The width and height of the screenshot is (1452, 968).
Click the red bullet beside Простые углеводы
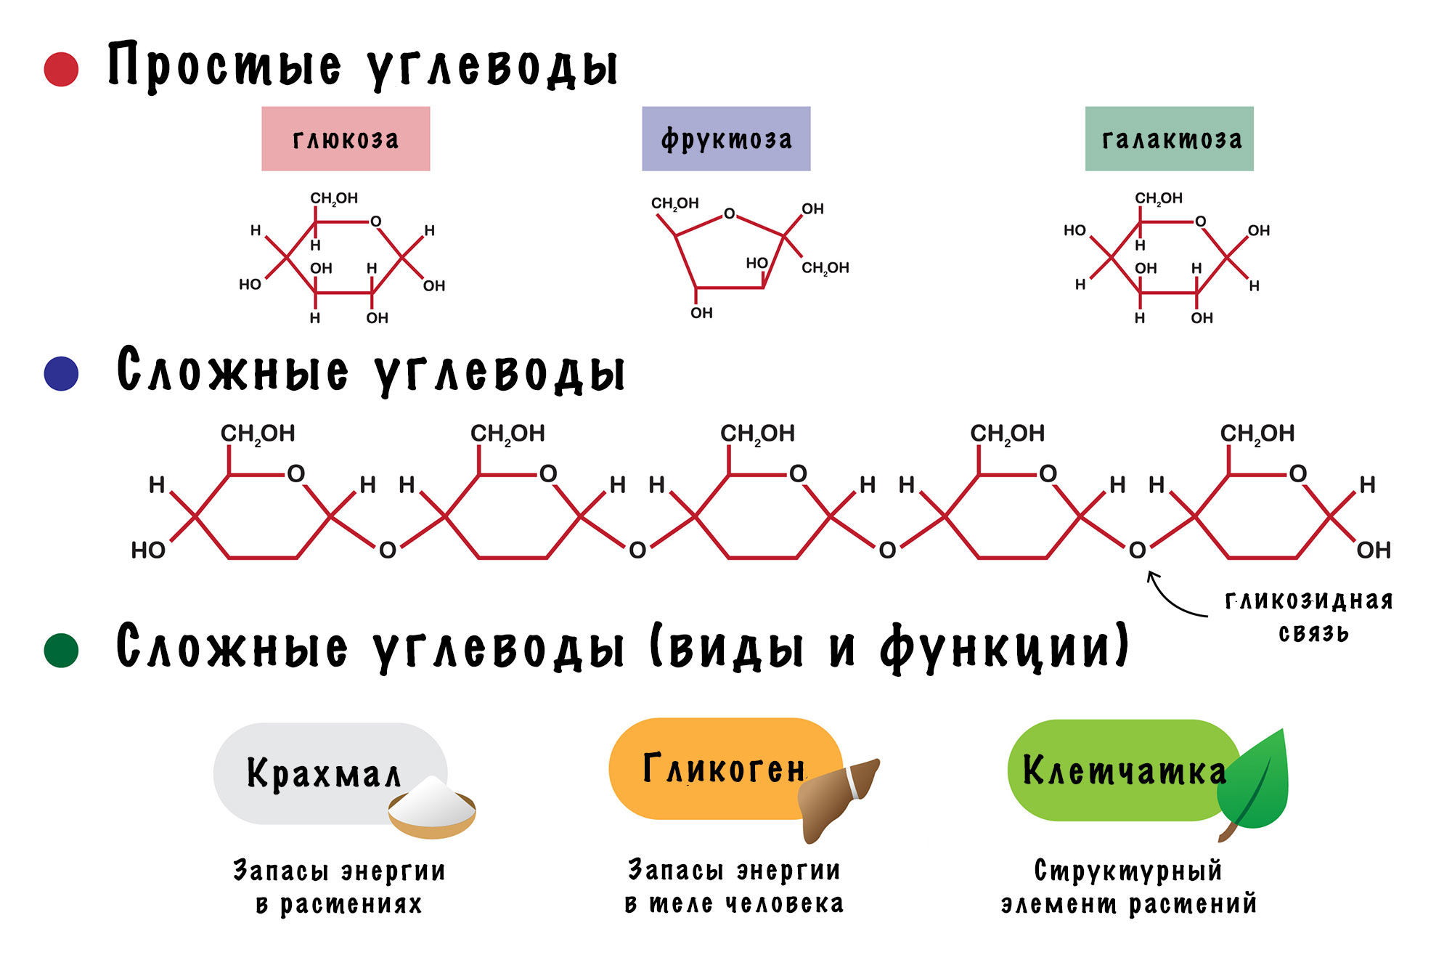61,69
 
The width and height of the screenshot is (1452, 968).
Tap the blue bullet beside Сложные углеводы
61,373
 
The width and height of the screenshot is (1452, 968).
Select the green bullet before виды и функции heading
61,650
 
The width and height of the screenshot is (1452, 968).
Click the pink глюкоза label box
346,139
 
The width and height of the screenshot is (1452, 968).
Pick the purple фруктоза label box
726,139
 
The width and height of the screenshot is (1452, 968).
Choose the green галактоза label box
1169,139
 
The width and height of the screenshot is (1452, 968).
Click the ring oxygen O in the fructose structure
729,213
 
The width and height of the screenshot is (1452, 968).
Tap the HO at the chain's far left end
148,550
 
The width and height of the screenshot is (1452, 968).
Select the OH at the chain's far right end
1374,550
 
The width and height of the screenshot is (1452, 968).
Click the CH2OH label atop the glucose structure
334,198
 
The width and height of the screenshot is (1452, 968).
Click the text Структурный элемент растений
1129,887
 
